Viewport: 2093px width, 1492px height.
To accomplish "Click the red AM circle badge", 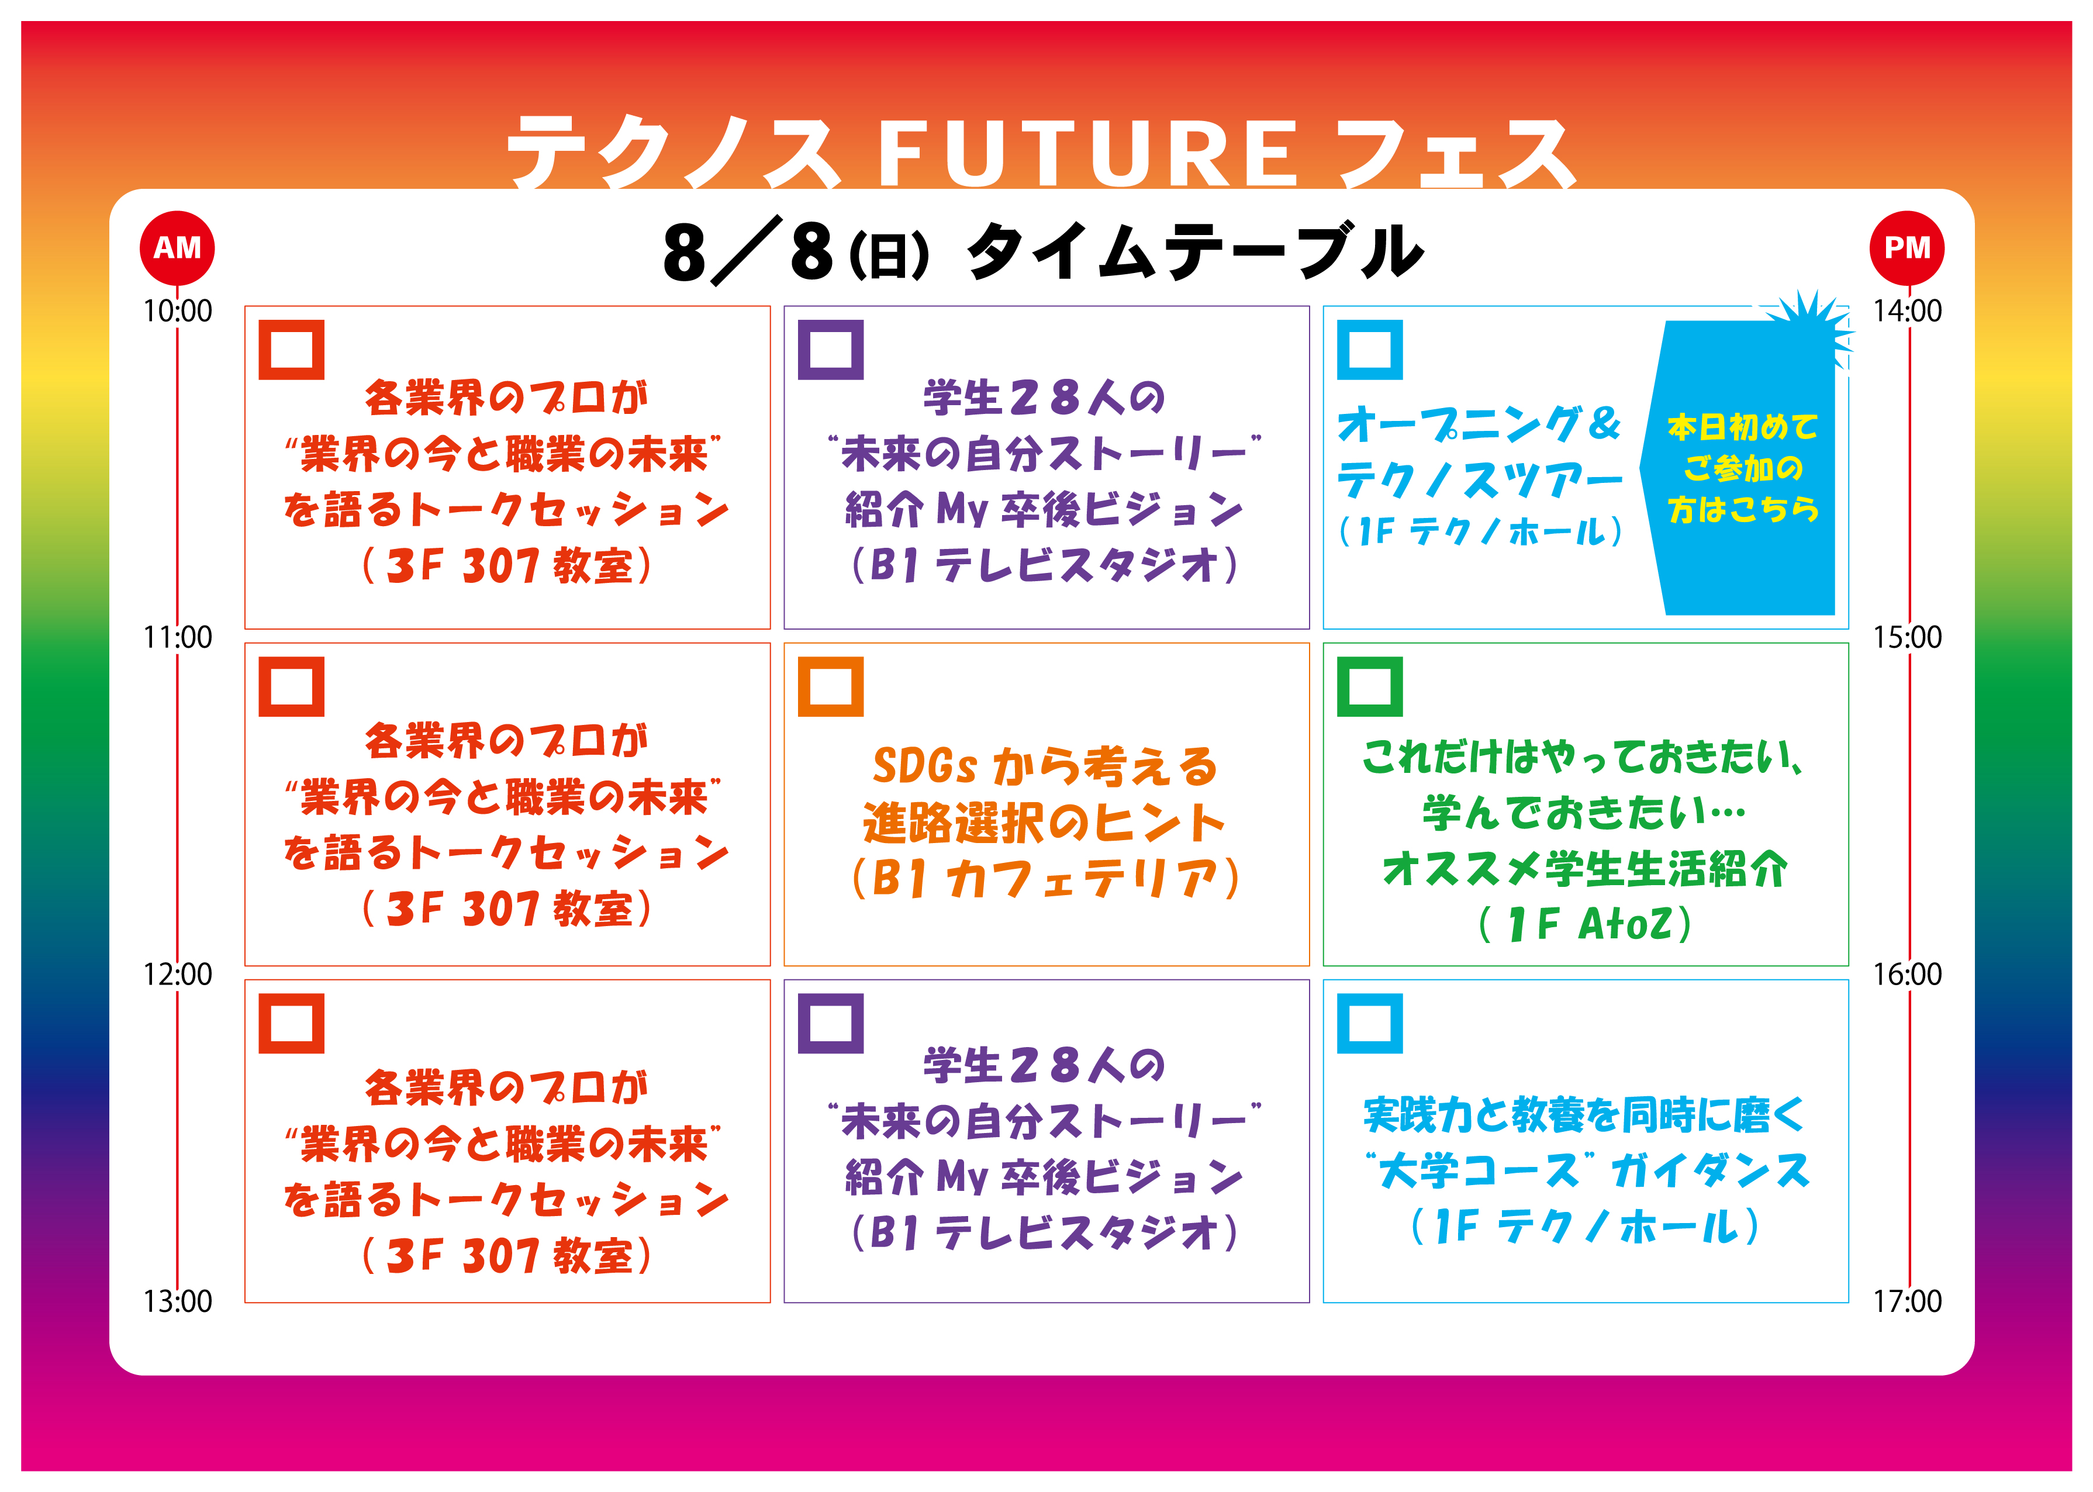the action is (177, 248).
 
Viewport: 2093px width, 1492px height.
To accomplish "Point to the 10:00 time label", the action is (177, 312).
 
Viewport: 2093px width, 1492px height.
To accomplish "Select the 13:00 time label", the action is (177, 1301).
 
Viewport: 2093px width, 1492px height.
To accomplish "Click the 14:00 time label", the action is (1908, 312).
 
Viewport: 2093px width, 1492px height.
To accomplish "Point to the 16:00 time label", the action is (1908, 974).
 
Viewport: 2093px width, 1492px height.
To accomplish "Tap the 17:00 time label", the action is (1908, 1301).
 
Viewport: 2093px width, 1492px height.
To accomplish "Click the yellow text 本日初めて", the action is (1743, 427).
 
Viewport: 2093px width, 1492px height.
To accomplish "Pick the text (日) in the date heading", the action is (889, 255).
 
